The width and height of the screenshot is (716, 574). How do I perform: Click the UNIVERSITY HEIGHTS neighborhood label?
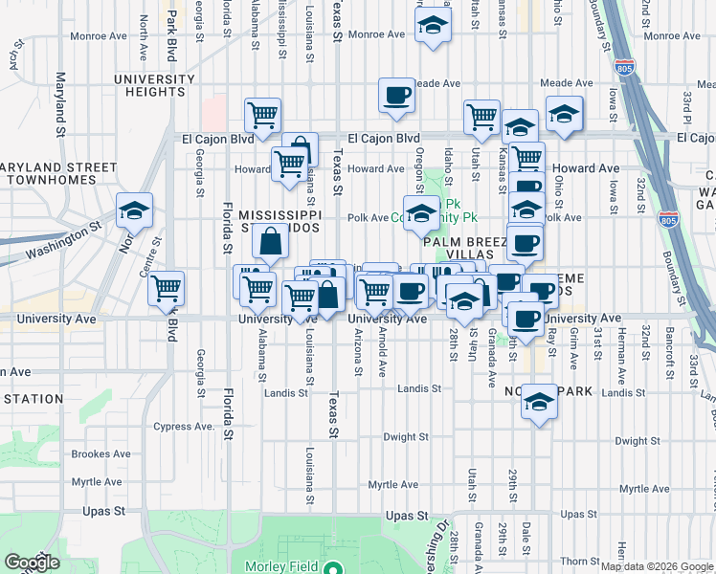click(x=148, y=85)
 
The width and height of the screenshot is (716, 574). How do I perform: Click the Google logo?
click(x=32, y=562)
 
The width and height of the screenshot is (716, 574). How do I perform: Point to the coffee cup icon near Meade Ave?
click(x=396, y=96)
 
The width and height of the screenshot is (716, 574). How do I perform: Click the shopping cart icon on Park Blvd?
click(x=167, y=287)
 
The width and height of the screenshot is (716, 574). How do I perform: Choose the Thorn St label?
click(x=579, y=561)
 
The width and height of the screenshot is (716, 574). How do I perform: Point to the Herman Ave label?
click(x=621, y=346)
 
